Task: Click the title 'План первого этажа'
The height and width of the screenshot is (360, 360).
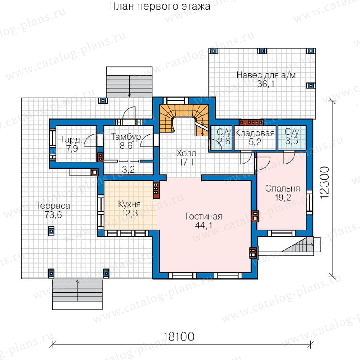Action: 159,6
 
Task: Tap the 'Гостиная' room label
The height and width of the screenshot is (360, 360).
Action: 204,216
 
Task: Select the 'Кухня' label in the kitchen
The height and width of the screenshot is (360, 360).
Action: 129,204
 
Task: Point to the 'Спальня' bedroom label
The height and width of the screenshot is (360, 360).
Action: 282,188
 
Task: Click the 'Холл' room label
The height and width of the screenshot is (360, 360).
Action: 186,153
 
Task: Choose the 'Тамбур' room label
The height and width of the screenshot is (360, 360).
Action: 126,137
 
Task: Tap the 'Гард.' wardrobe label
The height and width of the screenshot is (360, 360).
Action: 72,139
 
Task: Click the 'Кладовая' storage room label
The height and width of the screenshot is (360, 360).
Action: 255,133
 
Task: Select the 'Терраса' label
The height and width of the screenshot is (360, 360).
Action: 53,206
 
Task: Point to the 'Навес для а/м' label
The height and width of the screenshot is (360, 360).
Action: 266,75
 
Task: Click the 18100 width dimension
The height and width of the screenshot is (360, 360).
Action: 178,337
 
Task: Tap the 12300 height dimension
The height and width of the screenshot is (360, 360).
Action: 324,182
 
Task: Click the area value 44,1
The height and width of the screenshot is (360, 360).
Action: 204,226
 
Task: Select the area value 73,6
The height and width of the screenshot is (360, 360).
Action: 53,215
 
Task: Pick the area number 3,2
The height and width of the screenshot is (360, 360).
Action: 128,170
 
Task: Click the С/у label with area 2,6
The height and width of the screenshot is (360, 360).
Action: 224,132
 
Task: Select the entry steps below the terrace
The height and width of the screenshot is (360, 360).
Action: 77,294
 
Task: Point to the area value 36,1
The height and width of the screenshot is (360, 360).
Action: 266,84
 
